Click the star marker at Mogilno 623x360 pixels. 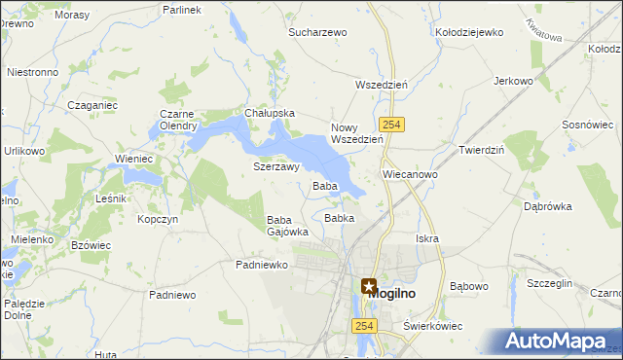(x=369, y=287)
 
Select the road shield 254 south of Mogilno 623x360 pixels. (x=365, y=327)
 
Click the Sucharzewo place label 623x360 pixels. (x=317, y=32)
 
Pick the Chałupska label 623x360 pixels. (x=270, y=113)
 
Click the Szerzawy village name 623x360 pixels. (x=275, y=166)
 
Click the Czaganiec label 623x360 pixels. (x=92, y=104)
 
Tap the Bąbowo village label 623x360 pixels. (x=469, y=287)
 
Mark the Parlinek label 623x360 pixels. (x=182, y=9)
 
